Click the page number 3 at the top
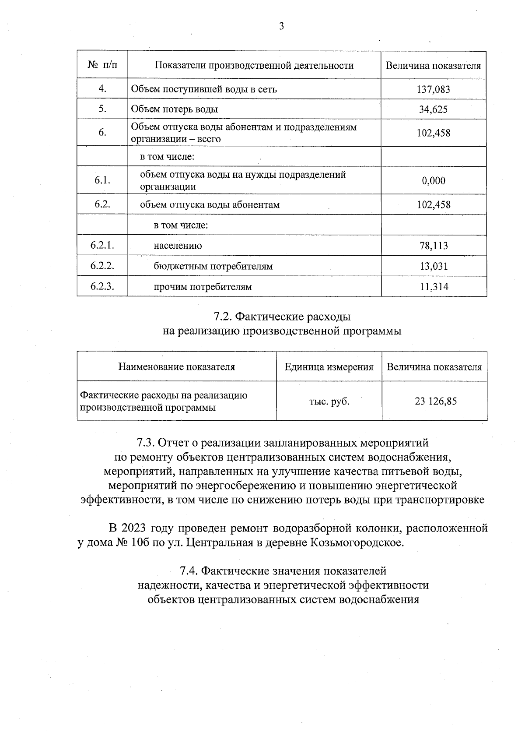[281, 27]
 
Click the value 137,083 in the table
[433, 89]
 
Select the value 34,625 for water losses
[433, 109]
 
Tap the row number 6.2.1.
[102, 245]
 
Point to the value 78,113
[434, 246]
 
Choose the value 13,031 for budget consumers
[434, 266]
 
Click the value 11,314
[434, 287]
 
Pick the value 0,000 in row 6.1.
[434, 180]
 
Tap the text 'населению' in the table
[178, 246]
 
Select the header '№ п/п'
[102, 65]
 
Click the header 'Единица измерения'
[329, 367]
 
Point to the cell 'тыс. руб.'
[329, 401]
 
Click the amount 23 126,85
[435, 401]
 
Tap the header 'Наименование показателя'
[176, 367]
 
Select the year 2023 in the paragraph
[134, 528]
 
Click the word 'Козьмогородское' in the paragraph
[355, 543]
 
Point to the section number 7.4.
[190, 571]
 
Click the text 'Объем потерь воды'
[175, 109]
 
